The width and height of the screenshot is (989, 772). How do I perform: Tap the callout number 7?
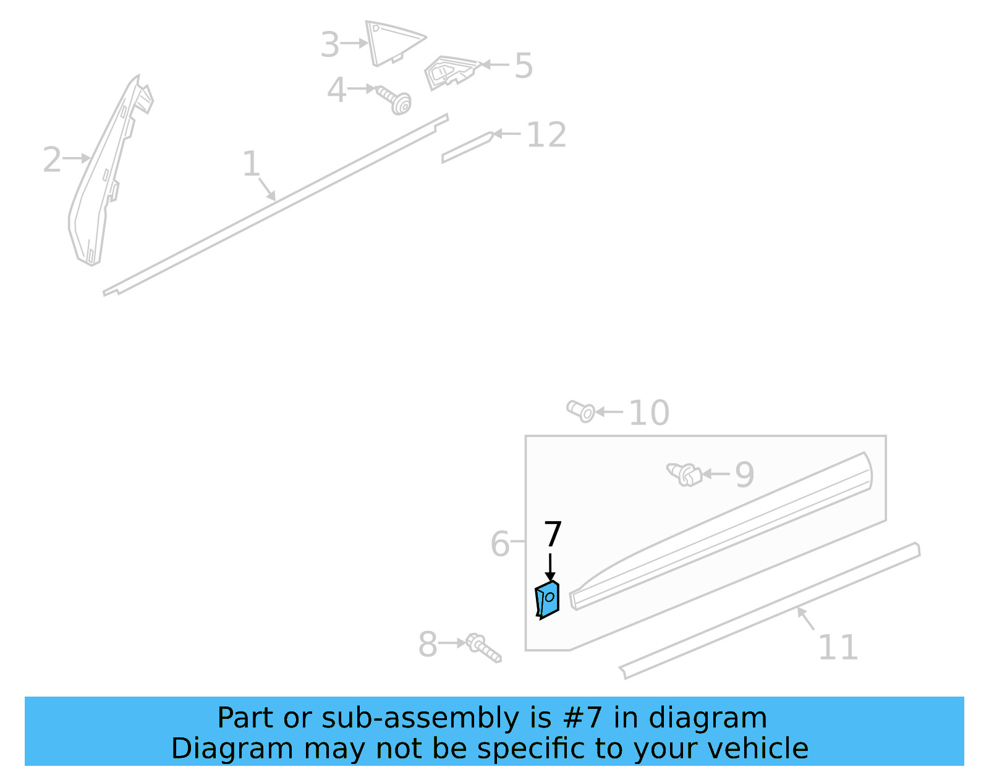coord(553,534)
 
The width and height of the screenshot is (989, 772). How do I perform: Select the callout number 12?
coord(546,135)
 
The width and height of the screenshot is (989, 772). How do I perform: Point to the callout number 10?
coord(649,413)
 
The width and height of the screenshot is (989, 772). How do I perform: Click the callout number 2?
coord(52,159)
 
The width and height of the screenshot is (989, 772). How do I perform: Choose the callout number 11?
coord(838,647)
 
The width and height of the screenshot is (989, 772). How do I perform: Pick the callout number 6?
coord(499,544)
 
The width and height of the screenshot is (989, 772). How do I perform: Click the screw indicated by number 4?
coord(394,100)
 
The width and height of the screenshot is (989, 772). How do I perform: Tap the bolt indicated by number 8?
coord(484,648)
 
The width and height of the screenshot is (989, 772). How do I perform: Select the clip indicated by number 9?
coord(684,475)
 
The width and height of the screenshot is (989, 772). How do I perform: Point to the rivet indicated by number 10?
coord(581,411)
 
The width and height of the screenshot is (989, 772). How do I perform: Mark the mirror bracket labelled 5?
coord(452,72)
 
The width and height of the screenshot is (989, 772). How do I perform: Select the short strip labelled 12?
coord(467,147)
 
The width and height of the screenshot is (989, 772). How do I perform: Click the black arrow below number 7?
coord(550,567)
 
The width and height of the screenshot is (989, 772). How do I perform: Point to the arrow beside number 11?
coord(805,618)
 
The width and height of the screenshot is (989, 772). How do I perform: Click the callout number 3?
coord(330,45)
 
